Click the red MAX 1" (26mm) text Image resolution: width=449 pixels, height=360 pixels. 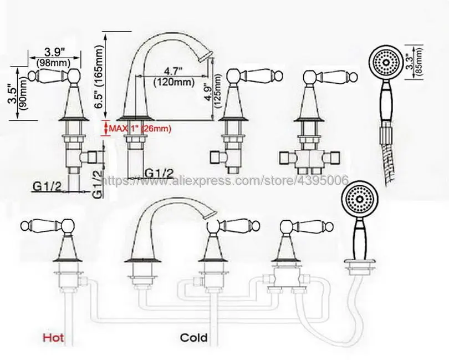point(140,129)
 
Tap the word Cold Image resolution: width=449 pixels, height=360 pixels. point(193,337)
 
